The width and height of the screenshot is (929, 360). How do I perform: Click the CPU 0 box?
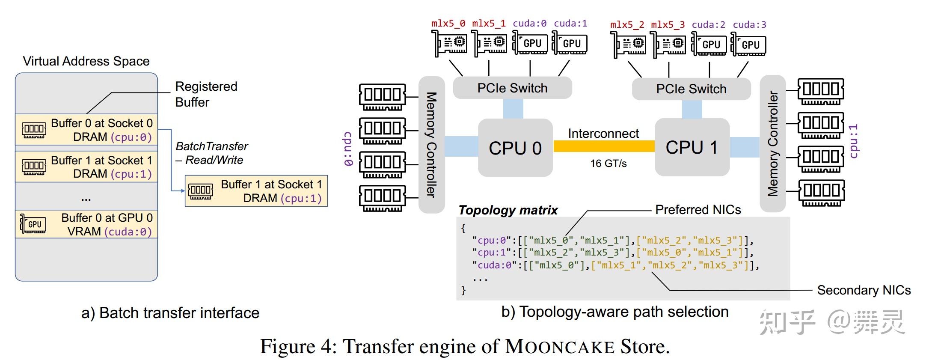(x=515, y=148)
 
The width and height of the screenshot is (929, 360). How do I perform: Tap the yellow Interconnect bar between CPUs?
(x=603, y=146)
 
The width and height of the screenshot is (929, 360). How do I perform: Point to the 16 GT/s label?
(x=608, y=164)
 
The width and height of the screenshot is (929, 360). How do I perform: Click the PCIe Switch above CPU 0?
(x=512, y=88)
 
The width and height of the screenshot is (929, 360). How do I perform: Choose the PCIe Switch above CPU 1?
(x=691, y=89)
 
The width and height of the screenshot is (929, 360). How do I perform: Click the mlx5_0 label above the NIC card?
(x=448, y=24)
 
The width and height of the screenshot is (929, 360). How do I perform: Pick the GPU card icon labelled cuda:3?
(x=748, y=45)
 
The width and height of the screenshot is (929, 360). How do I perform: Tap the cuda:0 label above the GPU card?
(x=529, y=24)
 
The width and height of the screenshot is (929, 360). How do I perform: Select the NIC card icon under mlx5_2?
(x=628, y=45)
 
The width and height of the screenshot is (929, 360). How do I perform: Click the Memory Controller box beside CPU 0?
(x=431, y=145)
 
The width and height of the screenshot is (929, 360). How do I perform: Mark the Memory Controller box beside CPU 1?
(x=772, y=143)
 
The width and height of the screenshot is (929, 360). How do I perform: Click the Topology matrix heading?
(x=508, y=210)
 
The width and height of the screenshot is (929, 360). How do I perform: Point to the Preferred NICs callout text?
(x=698, y=210)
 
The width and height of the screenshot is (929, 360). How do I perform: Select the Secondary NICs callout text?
(x=864, y=290)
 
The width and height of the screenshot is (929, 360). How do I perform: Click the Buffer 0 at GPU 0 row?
(x=86, y=224)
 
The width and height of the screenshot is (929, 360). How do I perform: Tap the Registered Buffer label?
(x=206, y=94)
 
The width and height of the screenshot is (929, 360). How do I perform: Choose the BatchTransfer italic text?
(x=211, y=147)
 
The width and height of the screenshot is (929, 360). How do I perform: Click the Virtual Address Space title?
(x=86, y=61)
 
